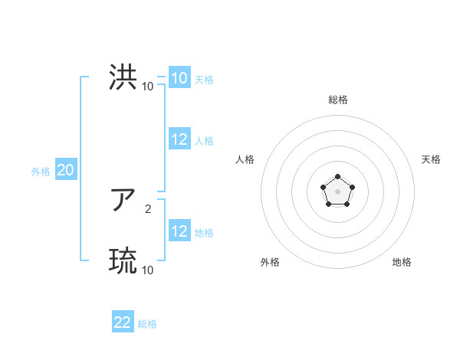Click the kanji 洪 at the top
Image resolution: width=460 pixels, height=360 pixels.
[123, 77]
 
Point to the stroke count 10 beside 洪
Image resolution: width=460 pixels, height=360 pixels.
[147, 86]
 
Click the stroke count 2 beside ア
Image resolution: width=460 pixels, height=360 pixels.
[147, 208]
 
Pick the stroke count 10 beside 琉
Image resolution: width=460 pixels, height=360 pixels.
[147, 270]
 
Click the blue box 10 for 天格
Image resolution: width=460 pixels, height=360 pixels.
[179, 78]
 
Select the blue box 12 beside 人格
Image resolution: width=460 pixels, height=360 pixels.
[179, 139]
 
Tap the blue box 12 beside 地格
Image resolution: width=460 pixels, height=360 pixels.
[179, 231]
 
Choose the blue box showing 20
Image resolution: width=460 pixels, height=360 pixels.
[65, 170]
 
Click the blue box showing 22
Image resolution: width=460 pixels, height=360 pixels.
[123, 322]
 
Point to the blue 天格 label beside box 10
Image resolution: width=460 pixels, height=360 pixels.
[204, 80]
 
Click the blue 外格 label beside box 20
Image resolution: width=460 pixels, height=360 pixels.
[41, 172]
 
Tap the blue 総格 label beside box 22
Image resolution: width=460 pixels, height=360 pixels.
[147, 324]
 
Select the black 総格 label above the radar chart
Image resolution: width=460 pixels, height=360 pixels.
[338, 100]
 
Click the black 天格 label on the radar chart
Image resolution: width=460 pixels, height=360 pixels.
[432, 159]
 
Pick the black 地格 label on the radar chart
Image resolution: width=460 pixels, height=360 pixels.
[402, 262]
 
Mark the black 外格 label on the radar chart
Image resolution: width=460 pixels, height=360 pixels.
[270, 262]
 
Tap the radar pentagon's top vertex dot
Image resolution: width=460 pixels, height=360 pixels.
[337, 177]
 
